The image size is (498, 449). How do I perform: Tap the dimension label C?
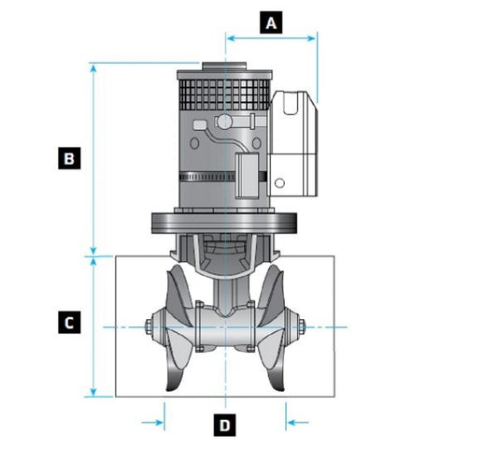[67, 323]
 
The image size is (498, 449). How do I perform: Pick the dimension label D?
[225, 426]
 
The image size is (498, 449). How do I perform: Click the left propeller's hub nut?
[149, 327]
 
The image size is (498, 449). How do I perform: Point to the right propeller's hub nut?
[301, 327]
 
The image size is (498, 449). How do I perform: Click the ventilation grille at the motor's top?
[224, 94]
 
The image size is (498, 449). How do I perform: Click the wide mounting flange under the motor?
[224, 223]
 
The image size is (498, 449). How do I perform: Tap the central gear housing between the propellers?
[225, 327]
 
